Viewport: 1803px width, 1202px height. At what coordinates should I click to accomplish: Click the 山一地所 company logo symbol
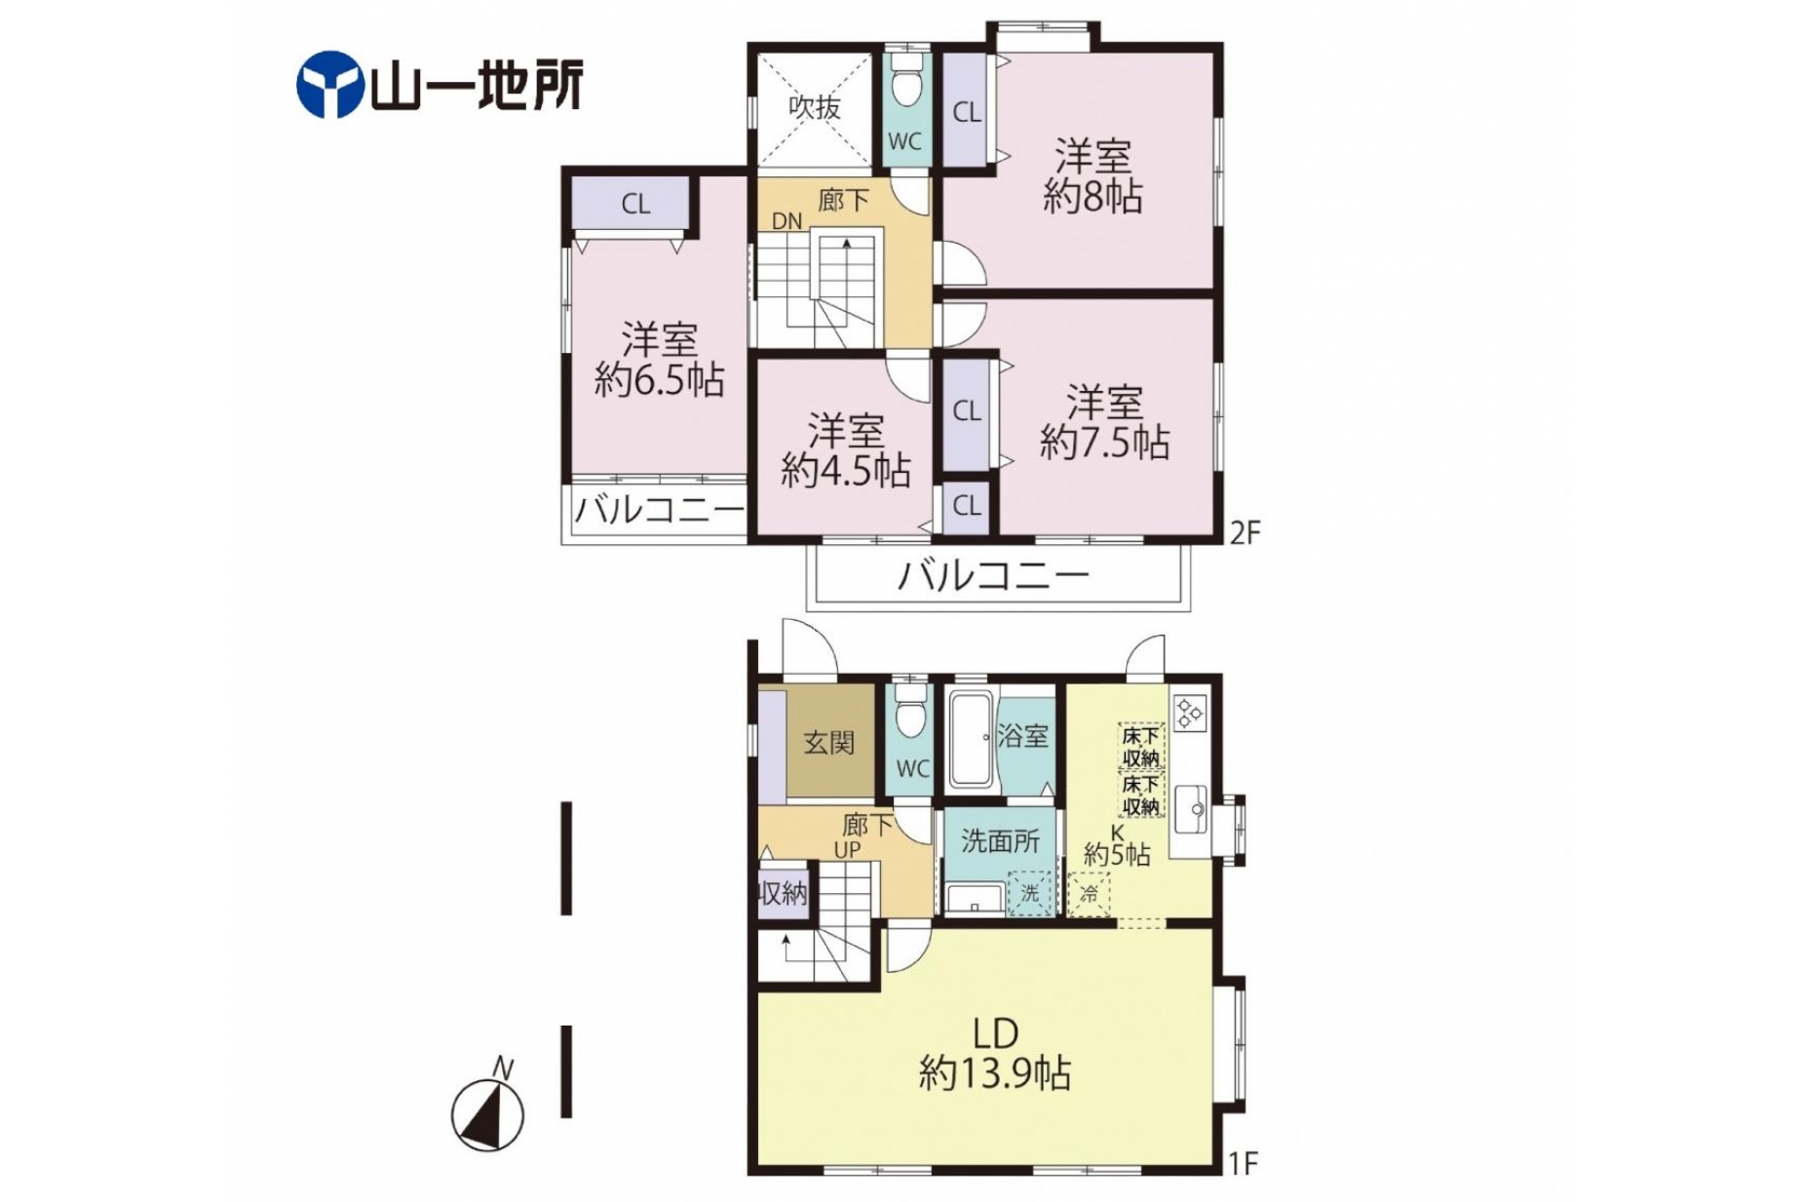329,85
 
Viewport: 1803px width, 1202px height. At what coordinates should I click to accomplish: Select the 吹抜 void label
814,106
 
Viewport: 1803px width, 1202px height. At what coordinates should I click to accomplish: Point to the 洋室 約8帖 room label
1093,175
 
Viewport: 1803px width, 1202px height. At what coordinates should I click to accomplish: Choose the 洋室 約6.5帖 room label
659,359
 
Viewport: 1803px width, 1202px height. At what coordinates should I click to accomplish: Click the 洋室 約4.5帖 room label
845,449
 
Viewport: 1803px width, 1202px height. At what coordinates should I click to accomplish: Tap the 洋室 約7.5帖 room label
1104,421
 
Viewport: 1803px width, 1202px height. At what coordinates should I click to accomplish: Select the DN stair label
786,221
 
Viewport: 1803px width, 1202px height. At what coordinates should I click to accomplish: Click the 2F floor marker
1245,532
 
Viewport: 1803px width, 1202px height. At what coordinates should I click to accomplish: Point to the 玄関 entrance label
829,743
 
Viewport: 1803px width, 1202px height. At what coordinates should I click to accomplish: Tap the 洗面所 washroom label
1000,840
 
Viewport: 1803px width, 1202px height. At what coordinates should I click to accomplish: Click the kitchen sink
1190,809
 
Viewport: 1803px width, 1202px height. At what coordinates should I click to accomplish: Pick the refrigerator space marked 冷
1089,894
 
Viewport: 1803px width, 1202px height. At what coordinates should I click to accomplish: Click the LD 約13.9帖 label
995,1053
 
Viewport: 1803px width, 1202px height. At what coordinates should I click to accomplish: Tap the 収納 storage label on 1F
784,892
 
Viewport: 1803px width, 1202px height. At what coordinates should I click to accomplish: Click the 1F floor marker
1244,1163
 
